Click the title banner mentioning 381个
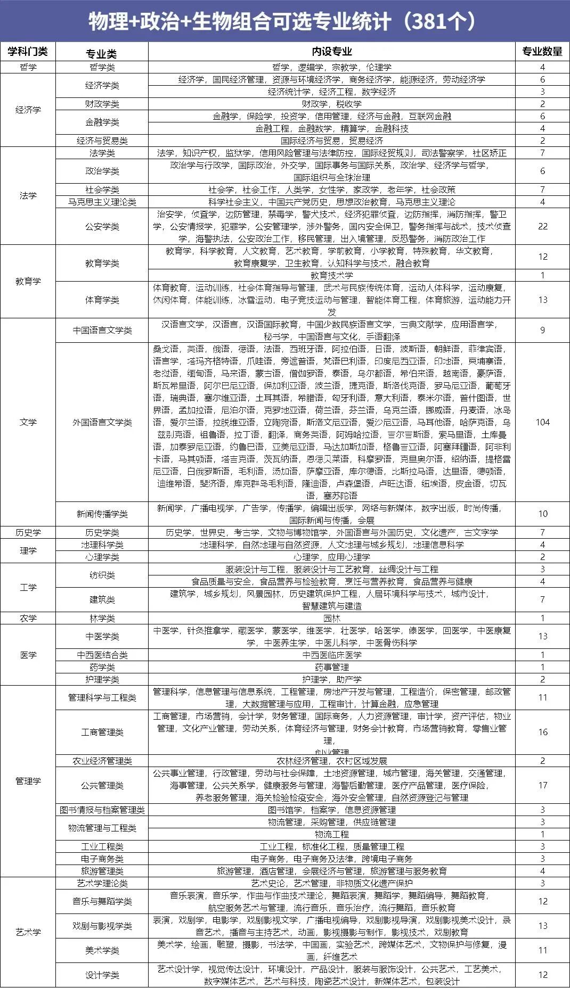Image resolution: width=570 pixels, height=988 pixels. pyautogui.click(x=285, y=21)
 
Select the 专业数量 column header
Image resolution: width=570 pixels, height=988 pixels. pyautogui.click(x=542, y=52)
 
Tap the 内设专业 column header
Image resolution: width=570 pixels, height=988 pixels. pyautogui.click(x=331, y=52)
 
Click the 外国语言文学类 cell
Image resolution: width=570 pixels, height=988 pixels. pyautogui.click(x=102, y=423)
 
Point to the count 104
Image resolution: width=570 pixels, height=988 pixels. pyautogui.click(x=542, y=422)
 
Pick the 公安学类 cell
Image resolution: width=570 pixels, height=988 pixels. pyautogui.click(x=102, y=227)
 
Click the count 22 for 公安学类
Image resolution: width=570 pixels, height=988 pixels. pyautogui.click(x=542, y=226)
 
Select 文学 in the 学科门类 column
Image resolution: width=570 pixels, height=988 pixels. pyautogui.click(x=28, y=423)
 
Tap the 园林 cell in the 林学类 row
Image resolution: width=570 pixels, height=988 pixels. pyautogui.click(x=331, y=619)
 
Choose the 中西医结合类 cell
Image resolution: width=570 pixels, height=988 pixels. pyautogui.click(x=102, y=655)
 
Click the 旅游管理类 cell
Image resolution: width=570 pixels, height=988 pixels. pyautogui.click(x=102, y=871)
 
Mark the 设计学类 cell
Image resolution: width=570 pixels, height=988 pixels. pyautogui.click(x=102, y=975)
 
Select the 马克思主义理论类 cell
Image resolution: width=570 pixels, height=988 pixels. pyautogui.click(x=102, y=202)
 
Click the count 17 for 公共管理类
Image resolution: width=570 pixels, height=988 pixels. pyautogui.click(x=542, y=785)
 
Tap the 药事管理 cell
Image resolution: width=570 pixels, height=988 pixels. pyautogui.click(x=331, y=668)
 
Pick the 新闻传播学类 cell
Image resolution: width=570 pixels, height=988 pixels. pyautogui.click(x=102, y=514)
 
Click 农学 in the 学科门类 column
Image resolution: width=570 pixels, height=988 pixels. pyautogui.click(x=28, y=619)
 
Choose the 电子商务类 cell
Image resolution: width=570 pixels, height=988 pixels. pyautogui.click(x=102, y=859)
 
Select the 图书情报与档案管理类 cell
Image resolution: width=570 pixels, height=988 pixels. pyautogui.click(x=102, y=810)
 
